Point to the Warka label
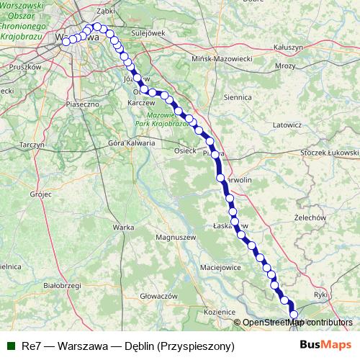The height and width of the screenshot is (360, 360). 124,228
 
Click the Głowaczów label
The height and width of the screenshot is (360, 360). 158,296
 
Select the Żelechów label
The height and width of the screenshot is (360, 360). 311,217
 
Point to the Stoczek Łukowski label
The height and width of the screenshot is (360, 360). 330,153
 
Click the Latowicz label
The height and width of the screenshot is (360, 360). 287,125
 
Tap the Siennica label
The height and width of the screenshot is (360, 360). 238,96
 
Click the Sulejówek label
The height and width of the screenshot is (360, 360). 149,33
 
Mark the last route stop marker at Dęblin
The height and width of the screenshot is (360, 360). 294,313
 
